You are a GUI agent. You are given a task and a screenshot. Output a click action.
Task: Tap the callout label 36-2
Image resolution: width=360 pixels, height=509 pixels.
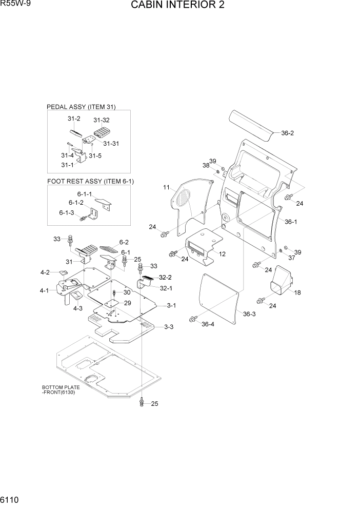(x=287, y=133)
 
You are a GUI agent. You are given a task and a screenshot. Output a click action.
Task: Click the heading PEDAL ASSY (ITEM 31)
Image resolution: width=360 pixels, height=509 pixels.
(x=81, y=107)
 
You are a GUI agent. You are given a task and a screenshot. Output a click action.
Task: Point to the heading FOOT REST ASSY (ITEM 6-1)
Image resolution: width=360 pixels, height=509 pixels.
(x=90, y=181)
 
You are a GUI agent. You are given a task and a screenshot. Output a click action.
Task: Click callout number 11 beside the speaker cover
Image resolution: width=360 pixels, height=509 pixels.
(x=166, y=188)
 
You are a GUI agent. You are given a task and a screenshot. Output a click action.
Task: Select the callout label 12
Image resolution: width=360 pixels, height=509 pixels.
(x=222, y=254)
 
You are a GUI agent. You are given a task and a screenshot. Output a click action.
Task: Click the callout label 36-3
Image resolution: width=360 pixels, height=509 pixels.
(x=249, y=314)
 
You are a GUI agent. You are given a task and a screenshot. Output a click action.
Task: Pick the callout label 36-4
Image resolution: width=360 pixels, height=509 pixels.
(x=208, y=324)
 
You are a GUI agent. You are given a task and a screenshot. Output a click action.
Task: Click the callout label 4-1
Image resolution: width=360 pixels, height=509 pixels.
(x=44, y=291)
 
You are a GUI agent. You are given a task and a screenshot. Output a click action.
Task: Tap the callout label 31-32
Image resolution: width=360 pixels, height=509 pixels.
(x=102, y=120)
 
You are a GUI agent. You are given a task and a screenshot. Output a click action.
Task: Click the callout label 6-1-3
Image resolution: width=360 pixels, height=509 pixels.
(x=66, y=212)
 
